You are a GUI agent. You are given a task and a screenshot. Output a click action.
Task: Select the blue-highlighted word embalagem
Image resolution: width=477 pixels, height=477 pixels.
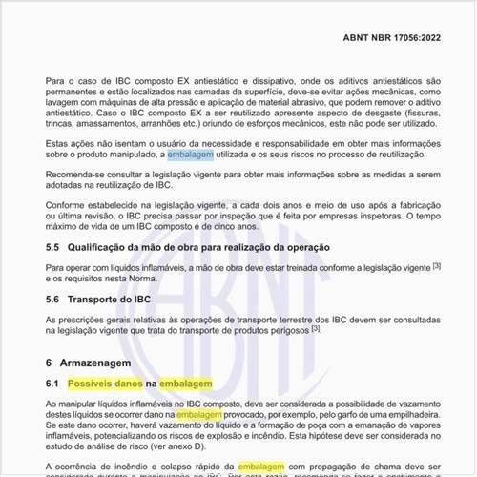(192, 154)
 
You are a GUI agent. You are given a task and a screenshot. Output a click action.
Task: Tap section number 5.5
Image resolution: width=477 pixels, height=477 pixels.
(53, 247)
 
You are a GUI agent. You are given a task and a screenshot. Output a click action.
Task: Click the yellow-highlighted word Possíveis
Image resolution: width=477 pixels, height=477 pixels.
(95, 384)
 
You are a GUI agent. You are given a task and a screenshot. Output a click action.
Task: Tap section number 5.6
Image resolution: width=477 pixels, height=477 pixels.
(53, 300)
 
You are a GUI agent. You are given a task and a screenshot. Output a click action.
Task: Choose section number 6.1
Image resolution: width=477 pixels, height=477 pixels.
(53, 384)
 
